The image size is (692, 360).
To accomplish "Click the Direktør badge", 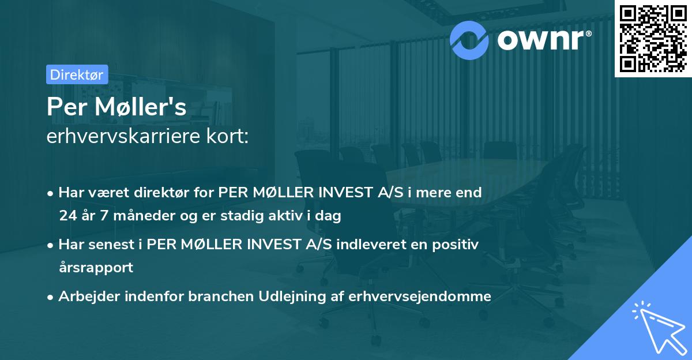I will point(77,74).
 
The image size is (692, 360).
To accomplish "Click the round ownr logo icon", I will point(469,40).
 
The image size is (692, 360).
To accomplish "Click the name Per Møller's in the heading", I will point(116,107).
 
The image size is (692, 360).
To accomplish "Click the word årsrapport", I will point(96,268).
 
